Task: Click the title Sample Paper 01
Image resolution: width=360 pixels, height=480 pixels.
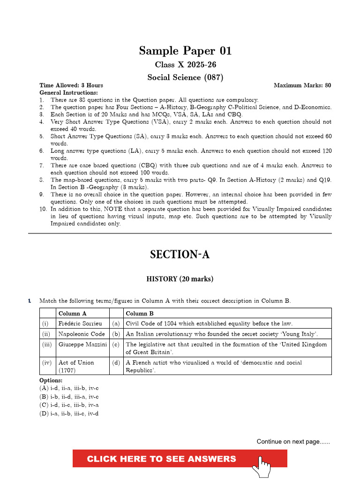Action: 185,51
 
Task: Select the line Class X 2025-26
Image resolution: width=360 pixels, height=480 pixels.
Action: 185,65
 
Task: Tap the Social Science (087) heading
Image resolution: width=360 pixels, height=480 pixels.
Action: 185,77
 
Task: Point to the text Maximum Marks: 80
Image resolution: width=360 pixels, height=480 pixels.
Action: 302,85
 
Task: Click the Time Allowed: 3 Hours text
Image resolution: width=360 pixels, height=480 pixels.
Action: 71,85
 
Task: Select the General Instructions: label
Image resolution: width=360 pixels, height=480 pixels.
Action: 68,93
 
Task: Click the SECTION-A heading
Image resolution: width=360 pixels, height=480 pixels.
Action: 180,255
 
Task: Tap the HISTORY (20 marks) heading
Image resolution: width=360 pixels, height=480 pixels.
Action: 180,279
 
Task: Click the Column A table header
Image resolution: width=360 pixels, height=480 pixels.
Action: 72,314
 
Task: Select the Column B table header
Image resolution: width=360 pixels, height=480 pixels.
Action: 140,314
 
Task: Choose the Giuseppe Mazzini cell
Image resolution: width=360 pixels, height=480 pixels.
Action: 82,345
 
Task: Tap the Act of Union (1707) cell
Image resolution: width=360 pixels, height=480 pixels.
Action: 76,366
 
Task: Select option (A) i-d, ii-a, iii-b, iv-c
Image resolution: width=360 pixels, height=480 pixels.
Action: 69,388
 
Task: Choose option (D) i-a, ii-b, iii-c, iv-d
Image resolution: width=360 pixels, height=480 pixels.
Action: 69,413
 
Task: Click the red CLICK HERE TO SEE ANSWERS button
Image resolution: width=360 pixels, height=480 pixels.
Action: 162,459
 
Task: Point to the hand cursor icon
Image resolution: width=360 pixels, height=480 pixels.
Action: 262,466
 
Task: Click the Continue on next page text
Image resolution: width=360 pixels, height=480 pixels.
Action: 293,442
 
